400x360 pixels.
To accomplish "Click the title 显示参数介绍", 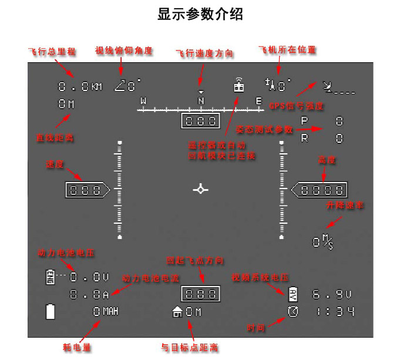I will click(x=200, y=14).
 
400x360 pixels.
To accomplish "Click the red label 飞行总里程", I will click(x=52, y=51).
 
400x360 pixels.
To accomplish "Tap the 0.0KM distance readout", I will click(x=80, y=87).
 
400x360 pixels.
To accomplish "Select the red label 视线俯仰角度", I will click(x=124, y=51).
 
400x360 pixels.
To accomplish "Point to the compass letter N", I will click(x=201, y=101).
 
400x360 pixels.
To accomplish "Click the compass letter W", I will click(x=143, y=101).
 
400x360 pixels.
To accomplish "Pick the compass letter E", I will click(x=258, y=101).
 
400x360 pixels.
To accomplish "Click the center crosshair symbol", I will click(x=201, y=189).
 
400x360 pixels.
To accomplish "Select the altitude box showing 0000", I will click(x=320, y=190).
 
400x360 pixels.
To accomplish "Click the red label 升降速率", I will click(x=345, y=206).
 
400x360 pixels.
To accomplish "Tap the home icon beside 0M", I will click(x=177, y=312).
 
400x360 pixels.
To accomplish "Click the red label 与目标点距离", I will click(x=190, y=348).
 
